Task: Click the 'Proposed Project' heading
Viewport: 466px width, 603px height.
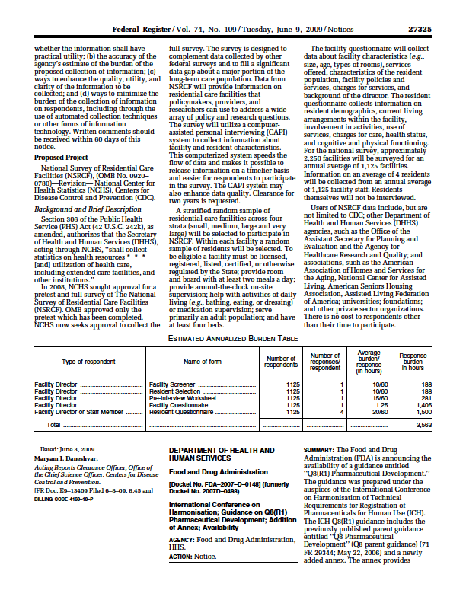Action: click(x=62, y=157)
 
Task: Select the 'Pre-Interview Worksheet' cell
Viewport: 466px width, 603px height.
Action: click(x=182, y=398)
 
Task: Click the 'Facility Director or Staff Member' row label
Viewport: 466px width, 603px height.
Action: click(x=79, y=412)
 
